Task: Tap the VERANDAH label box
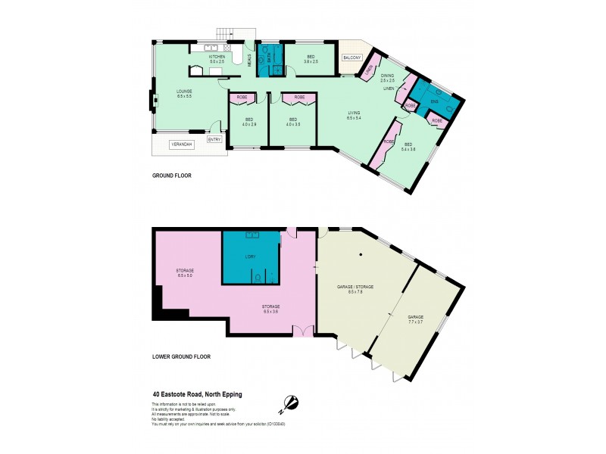click(x=180, y=144)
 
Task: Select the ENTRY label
click(x=214, y=138)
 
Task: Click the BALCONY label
click(x=351, y=58)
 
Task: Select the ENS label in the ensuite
click(x=434, y=101)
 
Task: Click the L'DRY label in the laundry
click(x=251, y=257)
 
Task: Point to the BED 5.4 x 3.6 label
click(x=409, y=147)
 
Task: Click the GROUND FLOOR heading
click(x=172, y=176)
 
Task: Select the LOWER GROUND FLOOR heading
click(x=182, y=356)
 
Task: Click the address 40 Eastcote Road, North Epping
click(x=206, y=393)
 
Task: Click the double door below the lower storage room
click(x=304, y=331)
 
